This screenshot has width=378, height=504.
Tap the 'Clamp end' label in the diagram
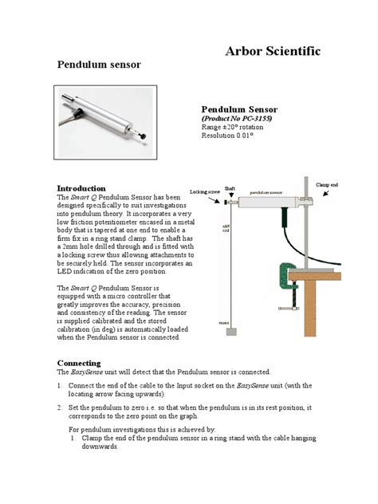pyautogui.click(x=328, y=185)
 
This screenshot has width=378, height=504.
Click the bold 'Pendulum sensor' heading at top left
pyautogui.click(x=96, y=64)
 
